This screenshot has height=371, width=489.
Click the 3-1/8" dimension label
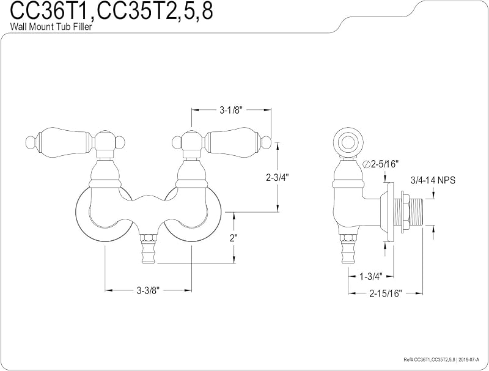click(231, 110)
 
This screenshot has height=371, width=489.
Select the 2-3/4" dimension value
click(278, 177)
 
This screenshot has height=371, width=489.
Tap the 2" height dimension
click(233, 238)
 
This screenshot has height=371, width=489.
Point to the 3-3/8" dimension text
click(148, 290)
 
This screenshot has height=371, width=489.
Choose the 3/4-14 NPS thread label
click(433, 180)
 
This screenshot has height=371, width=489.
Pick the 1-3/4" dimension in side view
click(371, 276)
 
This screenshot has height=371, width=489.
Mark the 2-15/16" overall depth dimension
click(386, 293)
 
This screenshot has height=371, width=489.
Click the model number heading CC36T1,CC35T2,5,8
click(112, 11)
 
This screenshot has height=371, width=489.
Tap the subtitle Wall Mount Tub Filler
click(51, 27)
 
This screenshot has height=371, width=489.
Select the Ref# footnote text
click(441, 359)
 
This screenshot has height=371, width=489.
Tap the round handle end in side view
click(348, 143)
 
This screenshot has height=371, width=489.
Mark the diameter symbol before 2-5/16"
click(367, 164)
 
